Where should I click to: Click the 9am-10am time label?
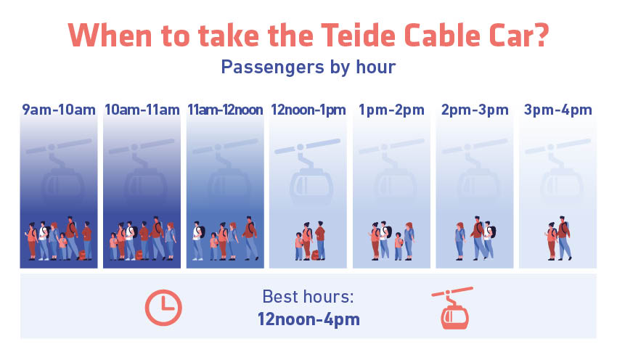(59, 110)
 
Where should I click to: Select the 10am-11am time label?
(142, 110)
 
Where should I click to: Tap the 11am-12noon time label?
(225, 110)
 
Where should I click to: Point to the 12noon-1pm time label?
(308, 110)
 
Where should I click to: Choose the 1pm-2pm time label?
(391, 110)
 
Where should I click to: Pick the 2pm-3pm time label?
(475, 110)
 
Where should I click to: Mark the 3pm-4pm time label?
(558, 110)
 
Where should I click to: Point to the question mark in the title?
(541, 36)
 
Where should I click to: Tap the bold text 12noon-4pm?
(309, 319)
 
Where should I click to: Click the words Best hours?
(308, 297)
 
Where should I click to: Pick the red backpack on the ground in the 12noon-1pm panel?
(315, 255)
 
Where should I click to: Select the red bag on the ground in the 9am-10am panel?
(82, 255)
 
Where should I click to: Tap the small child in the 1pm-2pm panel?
(399, 246)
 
